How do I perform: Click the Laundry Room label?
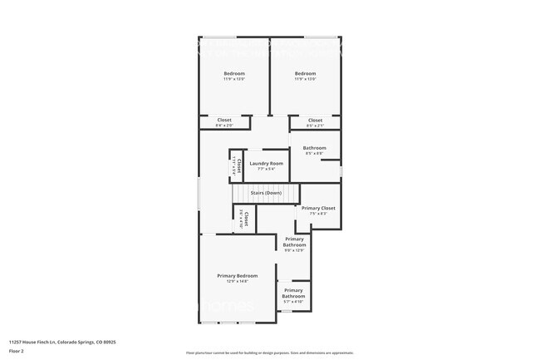[266, 163]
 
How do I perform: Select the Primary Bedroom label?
[238, 275]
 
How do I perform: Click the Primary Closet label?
[318, 208]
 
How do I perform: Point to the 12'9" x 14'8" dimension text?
[238, 281]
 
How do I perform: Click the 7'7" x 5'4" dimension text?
[266, 169]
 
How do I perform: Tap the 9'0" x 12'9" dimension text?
[295, 250]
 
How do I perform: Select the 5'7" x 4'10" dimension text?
[293, 302]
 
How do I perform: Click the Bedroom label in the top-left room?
[234, 73]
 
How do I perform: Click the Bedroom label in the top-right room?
[305, 73]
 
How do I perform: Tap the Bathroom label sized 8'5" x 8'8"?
[315, 148]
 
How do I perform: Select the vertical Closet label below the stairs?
[246, 219]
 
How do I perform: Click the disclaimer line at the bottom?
[270, 353]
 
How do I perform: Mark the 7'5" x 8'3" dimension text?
[318, 214]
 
